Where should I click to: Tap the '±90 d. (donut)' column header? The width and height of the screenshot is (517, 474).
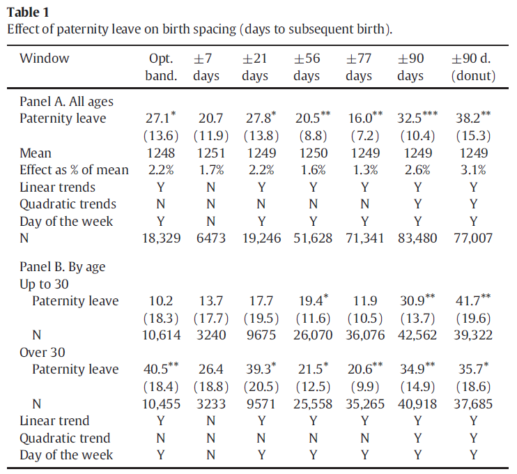point(473,67)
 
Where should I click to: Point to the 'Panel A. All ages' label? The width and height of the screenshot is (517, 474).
point(65,102)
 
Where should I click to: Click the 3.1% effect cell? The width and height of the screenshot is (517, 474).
point(473,170)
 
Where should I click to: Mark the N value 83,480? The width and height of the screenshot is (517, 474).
point(417,238)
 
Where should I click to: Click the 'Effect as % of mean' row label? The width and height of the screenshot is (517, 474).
point(74,170)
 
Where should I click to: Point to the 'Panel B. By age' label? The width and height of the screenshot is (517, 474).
point(62,267)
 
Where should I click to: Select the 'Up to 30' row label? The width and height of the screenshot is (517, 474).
point(43,284)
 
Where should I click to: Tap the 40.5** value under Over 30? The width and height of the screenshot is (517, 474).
point(164,369)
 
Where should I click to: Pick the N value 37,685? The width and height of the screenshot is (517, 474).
point(473,404)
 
